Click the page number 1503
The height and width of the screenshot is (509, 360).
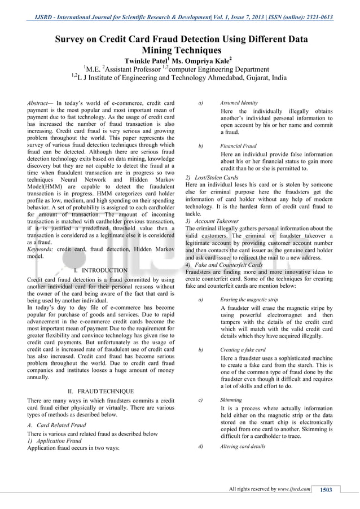[326, 489]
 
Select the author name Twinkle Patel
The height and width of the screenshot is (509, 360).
[147, 61]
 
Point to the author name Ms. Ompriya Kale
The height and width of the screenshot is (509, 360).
[201, 61]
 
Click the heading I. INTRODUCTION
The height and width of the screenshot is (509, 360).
[100, 270]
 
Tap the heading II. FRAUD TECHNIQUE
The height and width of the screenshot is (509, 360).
[100, 391]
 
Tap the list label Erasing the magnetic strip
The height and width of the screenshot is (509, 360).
[249, 300]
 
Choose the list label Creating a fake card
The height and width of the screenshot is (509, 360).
[243, 350]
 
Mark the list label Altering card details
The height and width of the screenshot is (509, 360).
[243, 446]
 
